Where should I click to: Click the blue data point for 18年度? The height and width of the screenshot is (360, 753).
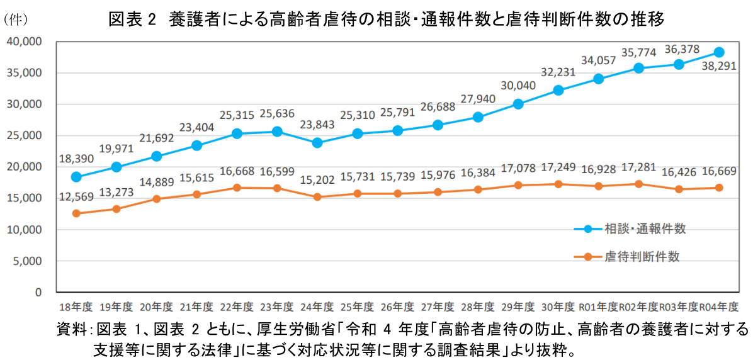[x=76, y=177]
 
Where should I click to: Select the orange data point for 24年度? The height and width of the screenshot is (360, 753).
[x=317, y=197]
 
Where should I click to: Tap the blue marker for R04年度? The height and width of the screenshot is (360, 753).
[x=719, y=52]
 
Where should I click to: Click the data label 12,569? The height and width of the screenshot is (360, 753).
[x=76, y=197]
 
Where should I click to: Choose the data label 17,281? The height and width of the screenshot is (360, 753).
[x=639, y=167]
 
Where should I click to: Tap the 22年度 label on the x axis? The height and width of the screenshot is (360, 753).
[x=237, y=307]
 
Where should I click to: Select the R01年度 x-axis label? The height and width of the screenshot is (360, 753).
[x=598, y=307]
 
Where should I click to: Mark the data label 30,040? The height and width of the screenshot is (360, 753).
[x=518, y=87]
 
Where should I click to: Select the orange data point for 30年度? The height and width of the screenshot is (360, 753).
[x=558, y=184]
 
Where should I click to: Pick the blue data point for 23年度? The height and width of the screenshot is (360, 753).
[x=277, y=132]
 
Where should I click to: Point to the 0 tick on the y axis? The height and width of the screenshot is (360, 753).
[x=38, y=293]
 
